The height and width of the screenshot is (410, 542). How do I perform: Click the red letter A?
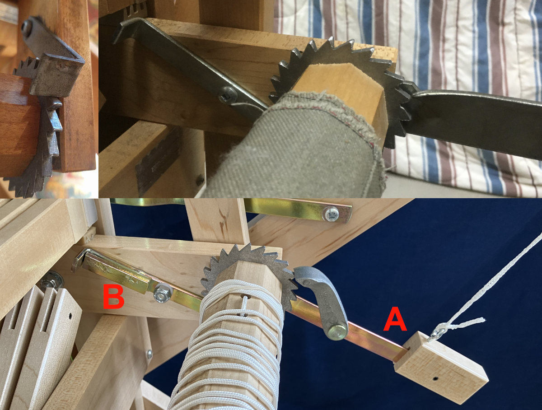coord(395,319)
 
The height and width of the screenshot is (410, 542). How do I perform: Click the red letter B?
coord(114,296)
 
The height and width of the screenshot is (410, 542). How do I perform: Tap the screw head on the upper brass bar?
coord(332,214)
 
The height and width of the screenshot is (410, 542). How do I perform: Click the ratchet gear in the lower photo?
coord(249,274)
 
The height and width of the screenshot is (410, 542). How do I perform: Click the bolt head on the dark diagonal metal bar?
coord(227,95)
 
